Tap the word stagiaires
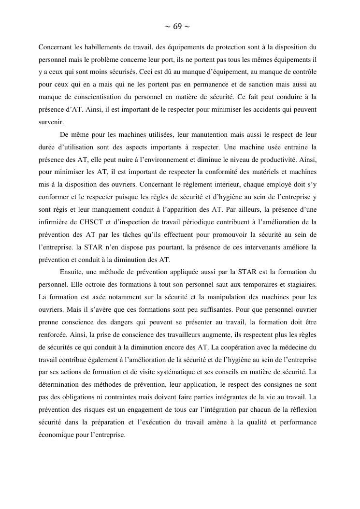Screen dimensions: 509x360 click(297, 285)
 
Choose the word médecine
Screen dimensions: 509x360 click(293, 347)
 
